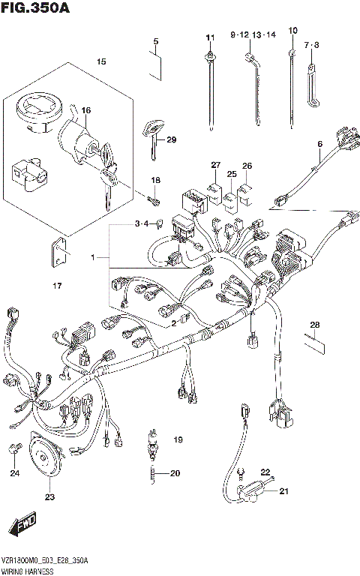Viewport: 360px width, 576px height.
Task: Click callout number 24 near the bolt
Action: coord(14,472)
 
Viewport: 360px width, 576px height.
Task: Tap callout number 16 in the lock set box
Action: coord(85,111)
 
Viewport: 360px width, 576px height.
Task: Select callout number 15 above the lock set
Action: coord(100,61)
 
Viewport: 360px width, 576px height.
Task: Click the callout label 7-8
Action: coord(312,46)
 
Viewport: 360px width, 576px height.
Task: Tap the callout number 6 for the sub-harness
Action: coord(319,144)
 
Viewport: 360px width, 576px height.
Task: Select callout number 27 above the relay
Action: coord(216,165)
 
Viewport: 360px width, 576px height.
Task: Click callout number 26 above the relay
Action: coord(247,166)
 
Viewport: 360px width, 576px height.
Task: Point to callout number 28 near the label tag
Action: coord(314,324)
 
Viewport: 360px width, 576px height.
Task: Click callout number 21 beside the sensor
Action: coord(283,492)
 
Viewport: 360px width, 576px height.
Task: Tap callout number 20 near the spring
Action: coord(175,472)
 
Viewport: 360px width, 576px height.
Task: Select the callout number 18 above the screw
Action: coord(156,181)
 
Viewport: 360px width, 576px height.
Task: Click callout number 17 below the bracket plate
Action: coord(57,285)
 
